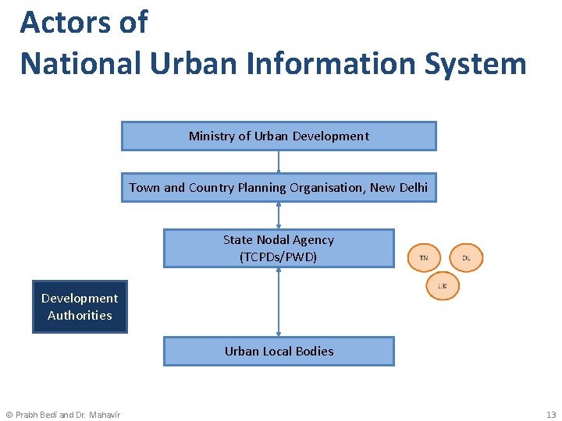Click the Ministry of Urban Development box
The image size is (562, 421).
coord(279,136)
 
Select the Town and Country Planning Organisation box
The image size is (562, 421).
coord(279,187)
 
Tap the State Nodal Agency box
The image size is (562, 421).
coord(279,248)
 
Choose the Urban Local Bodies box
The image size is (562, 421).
coord(279,351)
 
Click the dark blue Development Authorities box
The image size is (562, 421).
coord(80,306)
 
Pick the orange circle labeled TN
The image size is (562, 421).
coord(424,257)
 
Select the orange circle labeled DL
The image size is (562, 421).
coord(466,257)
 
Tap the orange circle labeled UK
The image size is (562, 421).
coord(443,286)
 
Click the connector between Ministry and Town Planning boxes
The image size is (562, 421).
coord(279,161)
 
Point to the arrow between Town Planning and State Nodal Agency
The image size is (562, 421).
coord(279,215)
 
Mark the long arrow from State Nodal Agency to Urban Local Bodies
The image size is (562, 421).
coord(279,302)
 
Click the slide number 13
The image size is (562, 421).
coord(551,414)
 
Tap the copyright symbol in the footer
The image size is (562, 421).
coord(9,414)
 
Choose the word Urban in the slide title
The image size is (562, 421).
coord(195,63)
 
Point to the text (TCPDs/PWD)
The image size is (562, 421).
coord(279,256)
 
